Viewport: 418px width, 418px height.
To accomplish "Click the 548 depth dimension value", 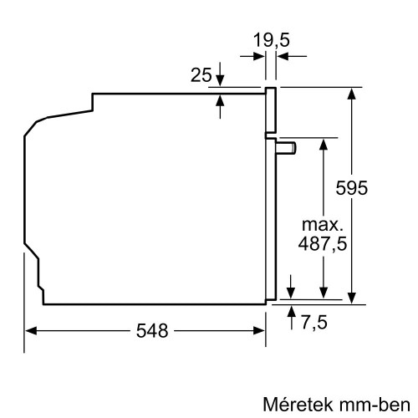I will pos(151,330).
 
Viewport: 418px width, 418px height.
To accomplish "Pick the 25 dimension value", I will pos(201,76).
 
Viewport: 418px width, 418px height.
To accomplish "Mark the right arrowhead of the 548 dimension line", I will pos(260,330).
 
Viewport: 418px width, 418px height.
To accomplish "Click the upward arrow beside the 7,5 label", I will pos(291,310).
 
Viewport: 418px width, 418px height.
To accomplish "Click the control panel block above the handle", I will pos(271,110).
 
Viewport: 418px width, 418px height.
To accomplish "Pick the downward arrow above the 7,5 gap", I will pos(291,289).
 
